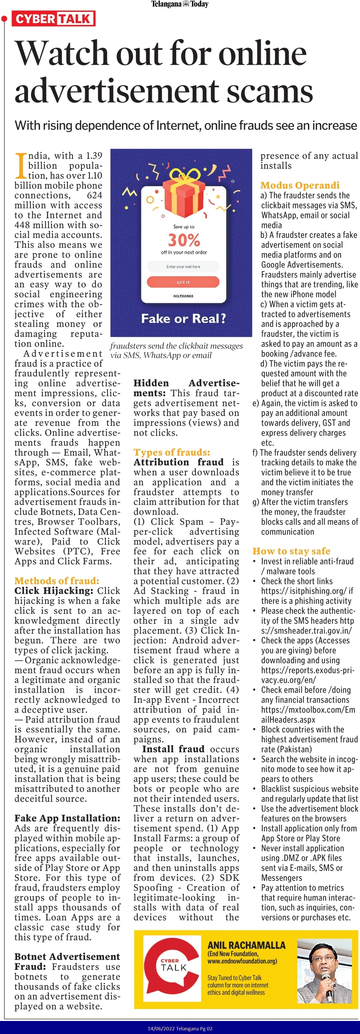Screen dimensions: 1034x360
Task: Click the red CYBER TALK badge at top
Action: pyautogui.click(x=53, y=19)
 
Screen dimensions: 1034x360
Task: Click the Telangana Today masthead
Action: pyautogui.click(x=180, y=4)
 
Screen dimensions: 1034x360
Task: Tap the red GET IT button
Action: pyautogui.click(x=183, y=282)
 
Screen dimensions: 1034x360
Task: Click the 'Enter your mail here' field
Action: pyautogui.click(x=183, y=267)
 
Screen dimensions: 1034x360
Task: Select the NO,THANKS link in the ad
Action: pyautogui.click(x=183, y=296)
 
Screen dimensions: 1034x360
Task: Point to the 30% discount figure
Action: pyautogui.click(x=184, y=240)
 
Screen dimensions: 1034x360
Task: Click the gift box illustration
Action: pyautogui.click(x=184, y=193)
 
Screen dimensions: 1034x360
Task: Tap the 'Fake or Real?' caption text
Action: pyautogui.click(x=183, y=319)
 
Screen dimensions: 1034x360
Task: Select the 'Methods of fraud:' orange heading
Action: pyautogui.click(x=57, y=580)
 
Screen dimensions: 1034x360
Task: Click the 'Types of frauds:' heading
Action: pyautogui.click(x=171, y=452)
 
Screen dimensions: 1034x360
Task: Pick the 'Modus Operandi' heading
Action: pyautogui.click(x=300, y=185)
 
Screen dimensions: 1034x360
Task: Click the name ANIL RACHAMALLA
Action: pyautogui.click(x=246, y=945)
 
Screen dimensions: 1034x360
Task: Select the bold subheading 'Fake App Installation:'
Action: pyautogui.click(x=67, y=818)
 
